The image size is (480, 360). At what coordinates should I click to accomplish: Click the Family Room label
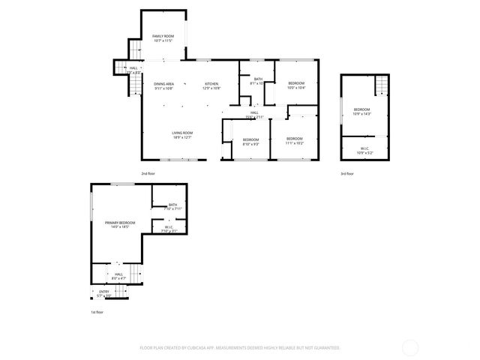(x=163, y=38)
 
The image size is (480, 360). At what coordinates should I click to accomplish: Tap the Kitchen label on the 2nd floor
(x=211, y=85)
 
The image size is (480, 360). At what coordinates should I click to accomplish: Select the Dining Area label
(x=164, y=85)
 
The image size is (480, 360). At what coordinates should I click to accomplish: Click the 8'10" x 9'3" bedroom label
(x=250, y=141)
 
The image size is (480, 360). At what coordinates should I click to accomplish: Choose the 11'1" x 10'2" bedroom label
(x=294, y=140)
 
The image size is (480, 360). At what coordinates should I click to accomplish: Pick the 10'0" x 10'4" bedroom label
(x=296, y=85)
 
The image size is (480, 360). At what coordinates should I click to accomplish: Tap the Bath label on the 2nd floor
(x=257, y=81)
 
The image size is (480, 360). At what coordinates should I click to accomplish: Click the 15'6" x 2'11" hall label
(x=254, y=115)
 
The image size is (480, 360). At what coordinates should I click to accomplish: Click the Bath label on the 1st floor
(x=172, y=207)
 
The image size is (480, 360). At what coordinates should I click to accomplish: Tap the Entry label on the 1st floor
(x=104, y=293)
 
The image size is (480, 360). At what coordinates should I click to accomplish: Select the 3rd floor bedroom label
(x=362, y=112)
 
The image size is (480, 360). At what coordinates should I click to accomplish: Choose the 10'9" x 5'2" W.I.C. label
(x=364, y=150)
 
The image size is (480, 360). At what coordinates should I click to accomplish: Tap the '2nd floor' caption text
(x=147, y=173)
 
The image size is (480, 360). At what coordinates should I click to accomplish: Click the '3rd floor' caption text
(x=346, y=173)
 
